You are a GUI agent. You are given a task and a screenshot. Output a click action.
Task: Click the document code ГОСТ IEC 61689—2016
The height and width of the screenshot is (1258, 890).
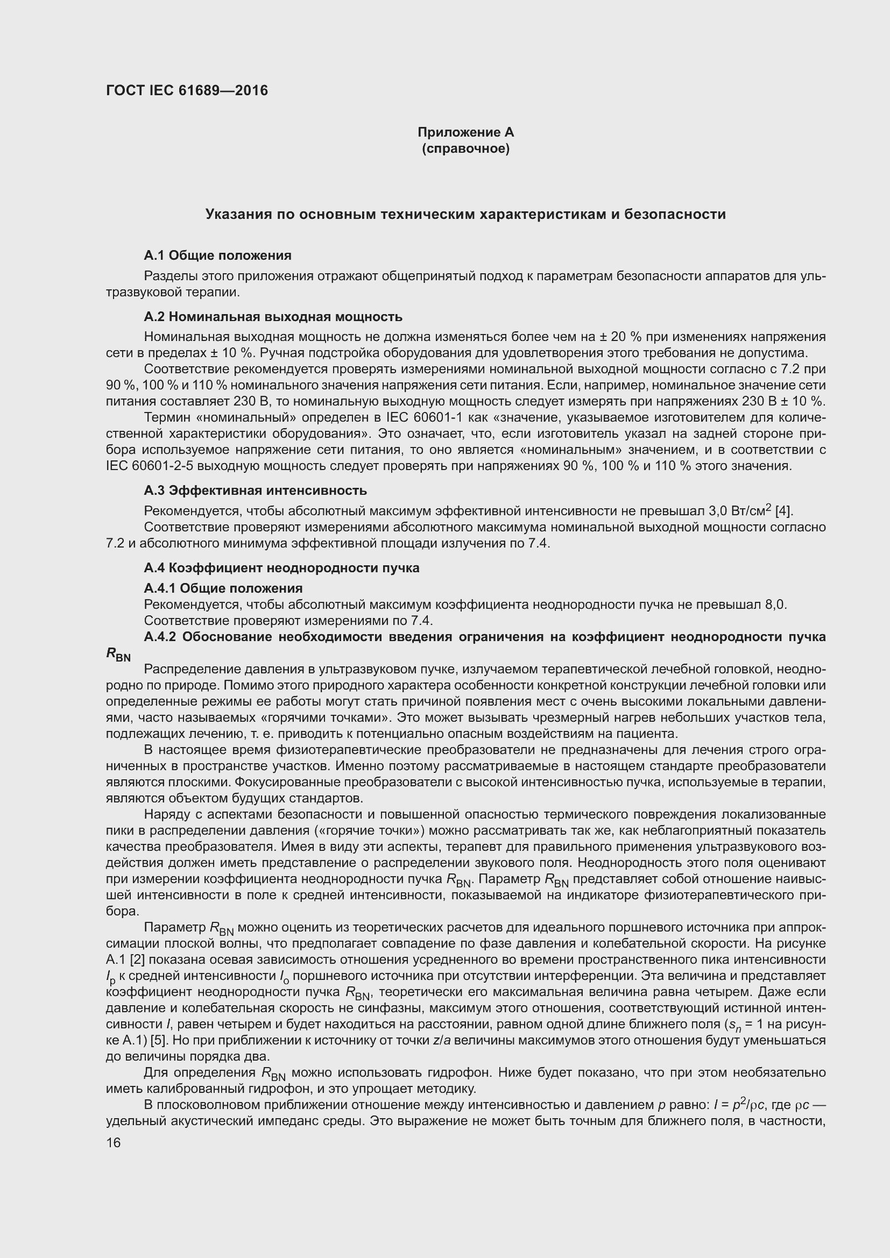pos(187,90)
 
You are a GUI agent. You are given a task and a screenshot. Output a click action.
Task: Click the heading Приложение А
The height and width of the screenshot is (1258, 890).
pos(465,132)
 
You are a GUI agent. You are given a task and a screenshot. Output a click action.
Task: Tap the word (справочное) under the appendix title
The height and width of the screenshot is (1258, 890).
pos(465,148)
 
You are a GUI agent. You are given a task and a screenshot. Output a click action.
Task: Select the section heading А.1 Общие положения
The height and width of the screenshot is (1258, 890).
pos(217,255)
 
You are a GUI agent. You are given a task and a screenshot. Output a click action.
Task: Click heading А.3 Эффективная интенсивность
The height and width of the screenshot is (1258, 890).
pos(256,490)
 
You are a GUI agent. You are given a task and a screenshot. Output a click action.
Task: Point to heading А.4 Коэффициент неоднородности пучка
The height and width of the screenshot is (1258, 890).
pos(281,567)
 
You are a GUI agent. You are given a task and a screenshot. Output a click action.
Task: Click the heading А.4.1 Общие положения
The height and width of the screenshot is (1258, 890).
pos(223,588)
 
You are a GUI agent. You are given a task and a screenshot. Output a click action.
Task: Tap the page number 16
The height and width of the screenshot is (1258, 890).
pos(114,1142)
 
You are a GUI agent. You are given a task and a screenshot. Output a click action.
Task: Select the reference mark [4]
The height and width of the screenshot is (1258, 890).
pos(783,511)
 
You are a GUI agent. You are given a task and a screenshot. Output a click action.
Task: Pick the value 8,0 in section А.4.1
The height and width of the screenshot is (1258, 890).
pos(775,605)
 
